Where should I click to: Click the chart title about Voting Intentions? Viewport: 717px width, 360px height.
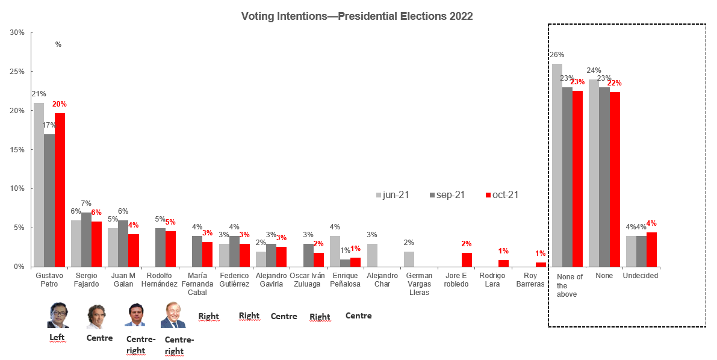pos(357,16)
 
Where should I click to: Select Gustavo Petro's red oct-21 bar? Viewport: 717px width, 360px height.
pos(60,190)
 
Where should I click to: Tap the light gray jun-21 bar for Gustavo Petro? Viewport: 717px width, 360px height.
pos(39,185)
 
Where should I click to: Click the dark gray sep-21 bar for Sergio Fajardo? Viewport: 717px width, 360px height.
pos(86,240)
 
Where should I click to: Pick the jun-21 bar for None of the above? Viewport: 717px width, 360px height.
pos(557,166)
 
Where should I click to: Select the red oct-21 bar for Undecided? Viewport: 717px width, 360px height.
pos(651,249)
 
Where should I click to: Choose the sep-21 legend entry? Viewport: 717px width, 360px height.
pos(447,195)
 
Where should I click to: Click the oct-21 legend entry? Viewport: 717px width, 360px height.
pos(501,195)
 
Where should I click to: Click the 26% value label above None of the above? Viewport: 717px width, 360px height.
pos(557,55)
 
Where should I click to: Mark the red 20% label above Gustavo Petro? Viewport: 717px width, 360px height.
pos(60,104)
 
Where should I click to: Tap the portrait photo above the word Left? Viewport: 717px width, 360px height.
pos(59,315)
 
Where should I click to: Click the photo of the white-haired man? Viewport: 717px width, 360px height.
pos(173,315)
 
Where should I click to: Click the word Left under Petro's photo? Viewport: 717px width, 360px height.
pos(57,338)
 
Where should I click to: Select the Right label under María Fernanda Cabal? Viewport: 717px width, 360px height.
pos(208,316)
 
